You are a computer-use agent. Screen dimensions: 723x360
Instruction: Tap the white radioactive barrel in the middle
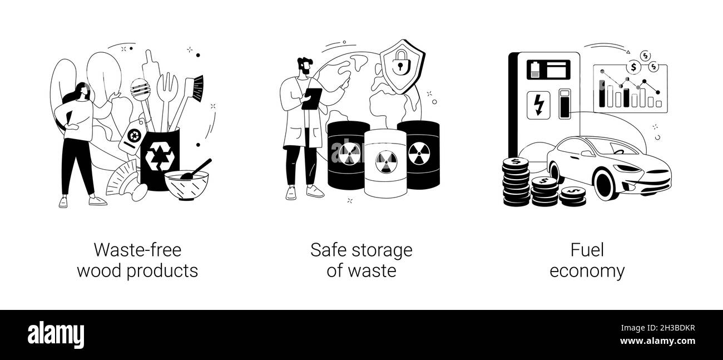click(386, 163)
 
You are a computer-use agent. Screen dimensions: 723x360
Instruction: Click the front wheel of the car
click(605, 184)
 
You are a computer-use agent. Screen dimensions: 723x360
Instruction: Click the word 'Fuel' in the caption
click(587, 250)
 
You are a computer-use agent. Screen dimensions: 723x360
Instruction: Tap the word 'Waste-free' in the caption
click(137, 250)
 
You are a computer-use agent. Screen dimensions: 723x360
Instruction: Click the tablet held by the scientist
click(311, 99)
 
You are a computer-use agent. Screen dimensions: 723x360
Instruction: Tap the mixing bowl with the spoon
click(186, 185)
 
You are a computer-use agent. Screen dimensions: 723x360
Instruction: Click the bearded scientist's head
click(304, 67)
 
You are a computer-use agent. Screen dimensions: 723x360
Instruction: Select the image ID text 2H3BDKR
click(677, 328)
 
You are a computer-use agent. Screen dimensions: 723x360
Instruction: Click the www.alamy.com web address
click(657, 341)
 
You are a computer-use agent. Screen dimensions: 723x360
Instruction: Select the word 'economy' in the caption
click(587, 271)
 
